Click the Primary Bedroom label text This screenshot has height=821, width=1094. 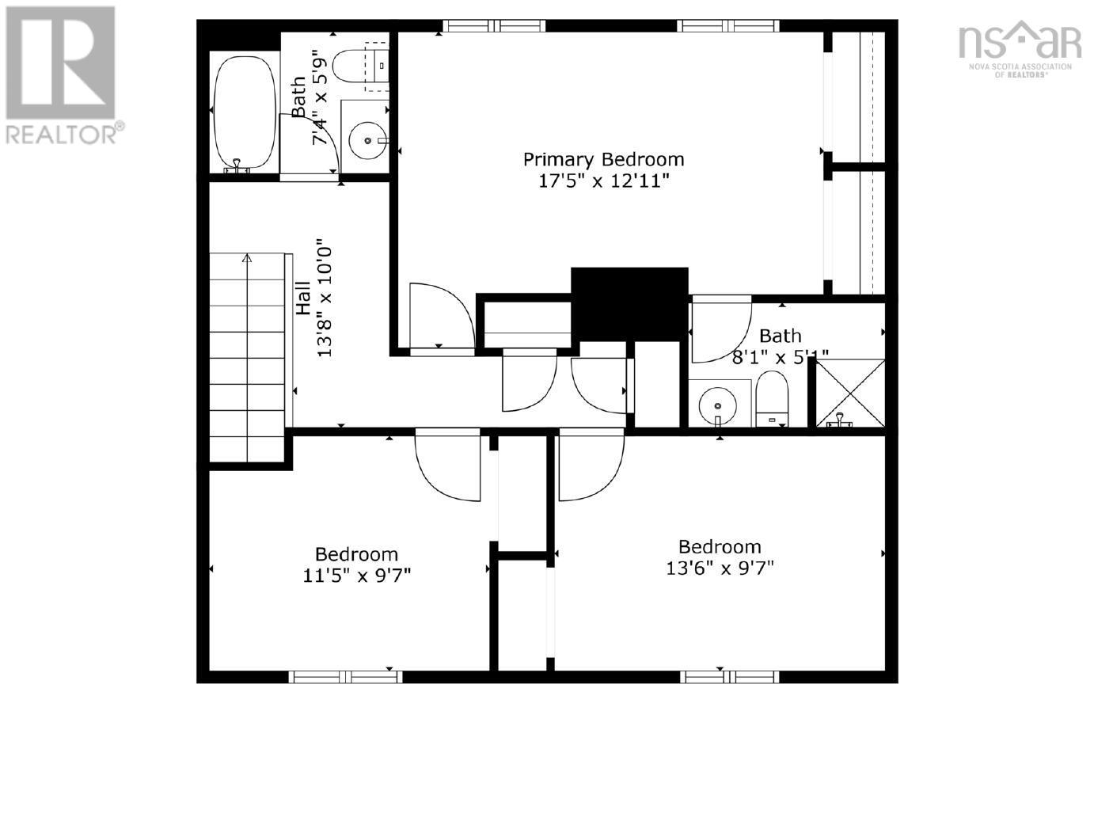pyautogui.click(x=603, y=159)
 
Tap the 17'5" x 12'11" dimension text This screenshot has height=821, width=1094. pyautogui.click(x=603, y=181)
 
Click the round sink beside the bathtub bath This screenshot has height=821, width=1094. pyautogui.click(x=368, y=141)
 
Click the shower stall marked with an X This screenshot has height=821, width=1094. pyautogui.click(x=849, y=393)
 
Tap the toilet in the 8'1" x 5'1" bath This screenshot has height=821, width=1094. pyautogui.click(x=772, y=399)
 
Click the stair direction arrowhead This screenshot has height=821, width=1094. pyautogui.click(x=247, y=258)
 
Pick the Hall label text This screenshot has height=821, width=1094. pyautogui.click(x=303, y=298)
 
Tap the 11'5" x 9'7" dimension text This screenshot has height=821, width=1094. pyautogui.click(x=357, y=576)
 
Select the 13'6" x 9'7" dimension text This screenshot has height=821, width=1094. pyautogui.click(x=720, y=568)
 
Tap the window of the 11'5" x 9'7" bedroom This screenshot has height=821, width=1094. pyautogui.click(x=345, y=677)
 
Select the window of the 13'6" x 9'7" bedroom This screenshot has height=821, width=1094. pyautogui.click(x=730, y=677)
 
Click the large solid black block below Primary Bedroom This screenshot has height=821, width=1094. pyautogui.click(x=629, y=304)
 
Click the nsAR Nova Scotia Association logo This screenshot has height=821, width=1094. pyautogui.click(x=1020, y=49)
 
